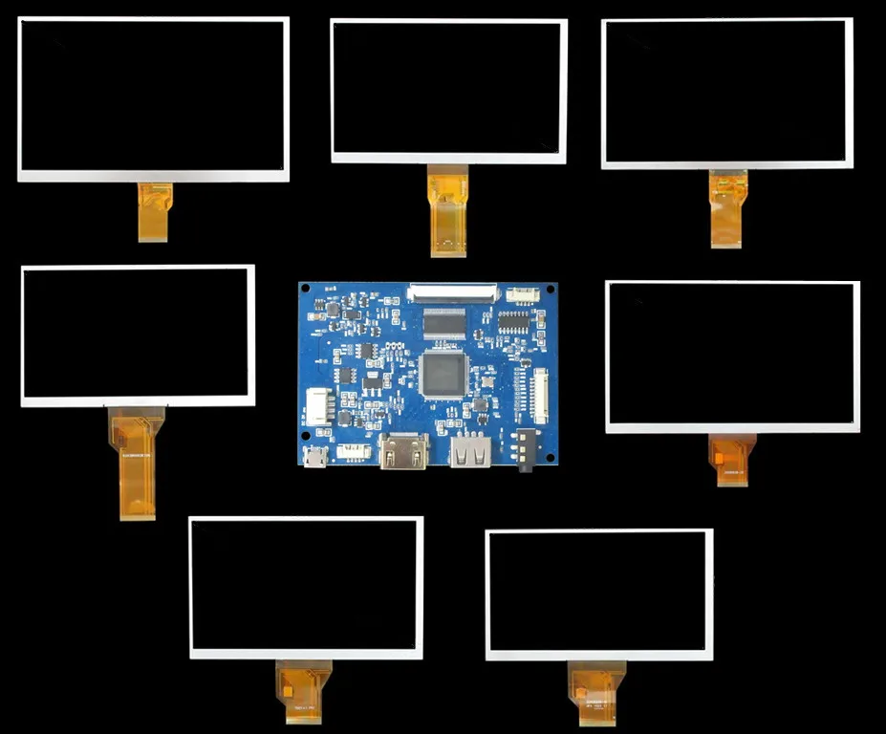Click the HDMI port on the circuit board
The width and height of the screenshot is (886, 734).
click(x=403, y=450)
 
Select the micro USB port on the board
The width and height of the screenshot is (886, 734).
click(x=313, y=457)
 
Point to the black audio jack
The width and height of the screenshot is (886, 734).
click(x=523, y=447)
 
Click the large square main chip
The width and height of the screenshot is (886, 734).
click(x=443, y=374)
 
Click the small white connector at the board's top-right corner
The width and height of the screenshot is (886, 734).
click(x=522, y=294)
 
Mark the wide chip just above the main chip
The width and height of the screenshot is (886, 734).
click(x=443, y=323)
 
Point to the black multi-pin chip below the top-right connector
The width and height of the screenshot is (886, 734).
click(x=513, y=322)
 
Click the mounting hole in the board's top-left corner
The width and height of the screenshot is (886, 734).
click(x=306, y=290)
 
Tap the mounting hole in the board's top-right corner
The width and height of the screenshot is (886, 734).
click(x=551, y=289)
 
